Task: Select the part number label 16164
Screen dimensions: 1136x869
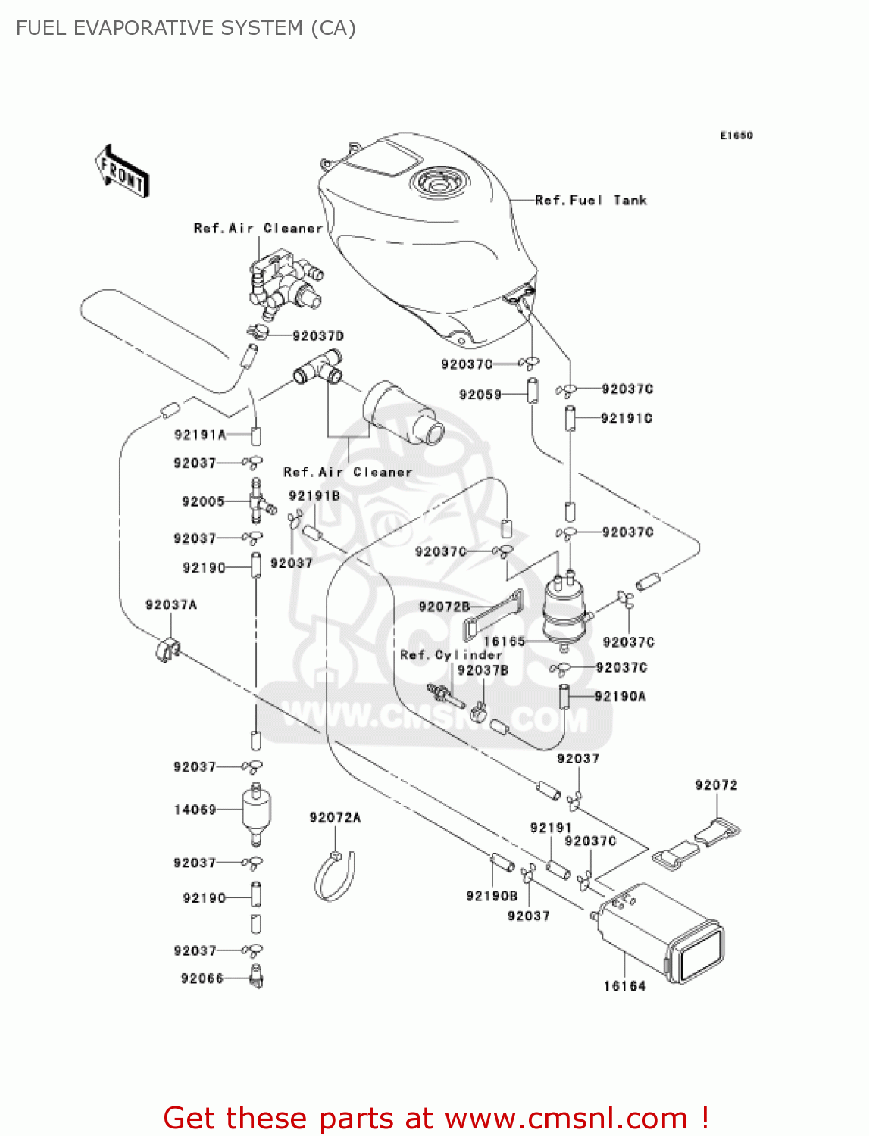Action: (x=624, y=986)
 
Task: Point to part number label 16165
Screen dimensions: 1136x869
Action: (x=504, y=641)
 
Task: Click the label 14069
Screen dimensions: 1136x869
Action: (x=195, y=810)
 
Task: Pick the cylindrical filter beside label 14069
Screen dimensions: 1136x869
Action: (x=256, y=815)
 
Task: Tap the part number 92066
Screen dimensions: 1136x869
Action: (x=202, y=978)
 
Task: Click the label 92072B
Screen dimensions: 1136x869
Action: (x=444, y=607)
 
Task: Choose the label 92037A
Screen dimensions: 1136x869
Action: (x=171, y=604)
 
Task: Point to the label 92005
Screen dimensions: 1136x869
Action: (x=203, y=501)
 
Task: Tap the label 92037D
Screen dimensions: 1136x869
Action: (x=318, y=335)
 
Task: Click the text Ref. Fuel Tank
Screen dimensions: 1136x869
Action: (x=591, y=201)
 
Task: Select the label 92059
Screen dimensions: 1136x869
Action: (x=480, y=395)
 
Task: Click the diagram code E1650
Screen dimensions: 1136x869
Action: (x=736, y=136)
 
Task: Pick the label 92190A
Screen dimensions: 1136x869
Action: (x=620, y=697)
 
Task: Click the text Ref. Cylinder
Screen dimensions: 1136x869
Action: (x=451, y=655)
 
